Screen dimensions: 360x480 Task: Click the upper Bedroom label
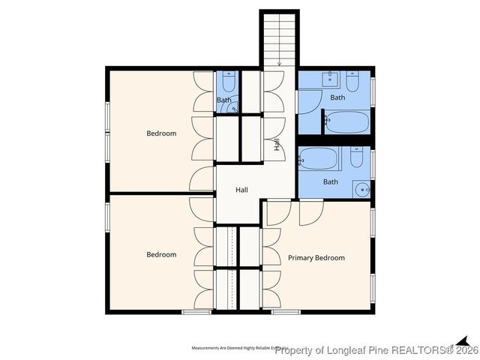click(161, 133)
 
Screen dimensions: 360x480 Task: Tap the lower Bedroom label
click(161, 254)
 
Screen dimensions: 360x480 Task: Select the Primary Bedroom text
click(316, 258)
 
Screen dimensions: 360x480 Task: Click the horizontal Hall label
click(241, 190)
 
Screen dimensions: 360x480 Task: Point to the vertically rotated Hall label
click(277, 145)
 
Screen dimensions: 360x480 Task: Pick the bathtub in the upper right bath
click(347, 121)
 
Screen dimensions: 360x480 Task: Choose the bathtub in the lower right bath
click(319, 159)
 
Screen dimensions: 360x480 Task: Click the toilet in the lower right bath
click(356, 157)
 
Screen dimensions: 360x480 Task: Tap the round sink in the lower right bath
click(361, 189)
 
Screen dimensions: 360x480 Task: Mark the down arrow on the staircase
click(279, 59)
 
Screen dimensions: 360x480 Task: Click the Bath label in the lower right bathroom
click(331, 181)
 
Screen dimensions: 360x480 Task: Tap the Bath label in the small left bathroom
click(223, 100)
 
